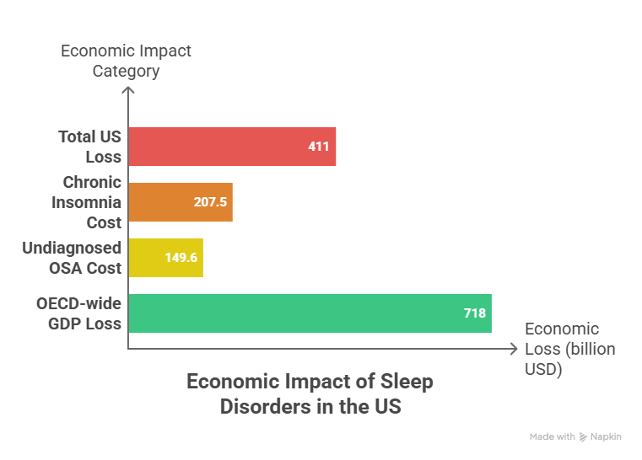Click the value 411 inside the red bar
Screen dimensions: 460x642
[318, 147]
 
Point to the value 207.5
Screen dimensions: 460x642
[210, 202]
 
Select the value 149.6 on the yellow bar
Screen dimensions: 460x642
[181, 258]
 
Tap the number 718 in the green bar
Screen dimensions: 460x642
[474, 313]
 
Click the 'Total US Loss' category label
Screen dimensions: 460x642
[89, 146]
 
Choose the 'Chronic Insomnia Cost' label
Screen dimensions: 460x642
[87, 202]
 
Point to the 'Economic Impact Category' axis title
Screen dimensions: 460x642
[126, 61]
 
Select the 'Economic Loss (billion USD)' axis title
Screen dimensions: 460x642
[569, 349]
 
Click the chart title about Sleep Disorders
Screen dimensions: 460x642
[310, 393]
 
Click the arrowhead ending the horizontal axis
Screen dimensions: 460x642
[515, 347]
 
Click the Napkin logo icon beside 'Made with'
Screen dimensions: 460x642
[584, 437]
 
